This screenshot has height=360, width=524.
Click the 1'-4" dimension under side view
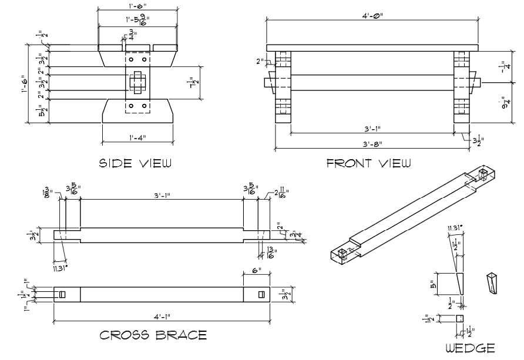pyautogui.click(x=137, y=138)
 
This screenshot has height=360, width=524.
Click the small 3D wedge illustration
pyautogui.click(x=492, y=284)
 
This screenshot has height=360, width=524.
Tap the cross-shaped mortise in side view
pyautogui.click(x=137, y=83)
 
